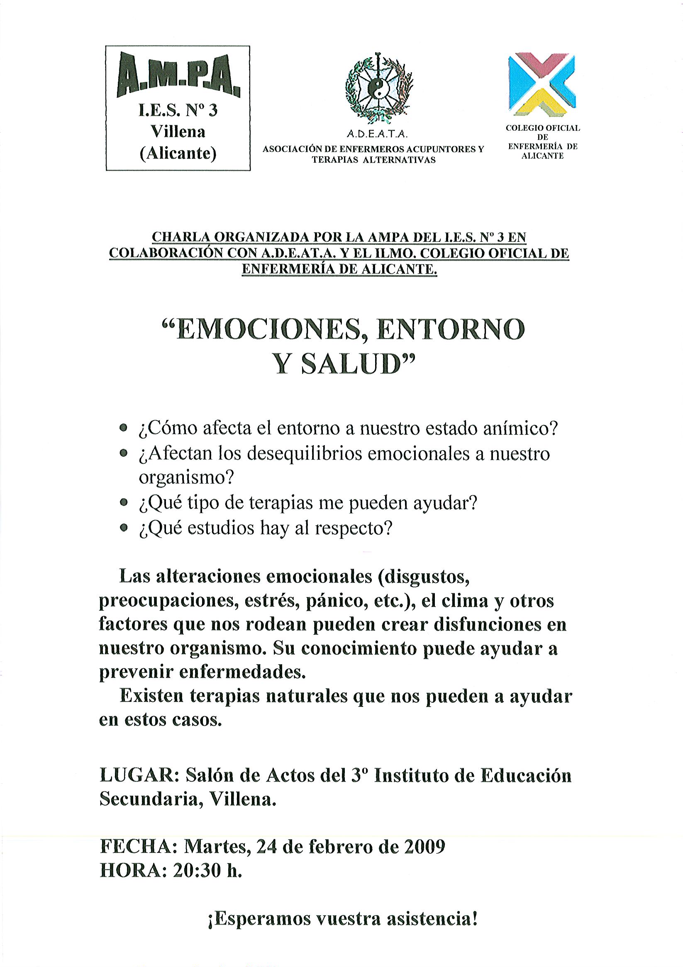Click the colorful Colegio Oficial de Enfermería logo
[542, 84]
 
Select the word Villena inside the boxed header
[178, 132]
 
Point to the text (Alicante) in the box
[178, 154]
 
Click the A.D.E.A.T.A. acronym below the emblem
[376, 134]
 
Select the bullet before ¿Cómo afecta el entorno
[122, 429]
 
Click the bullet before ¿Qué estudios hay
[122, 528]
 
